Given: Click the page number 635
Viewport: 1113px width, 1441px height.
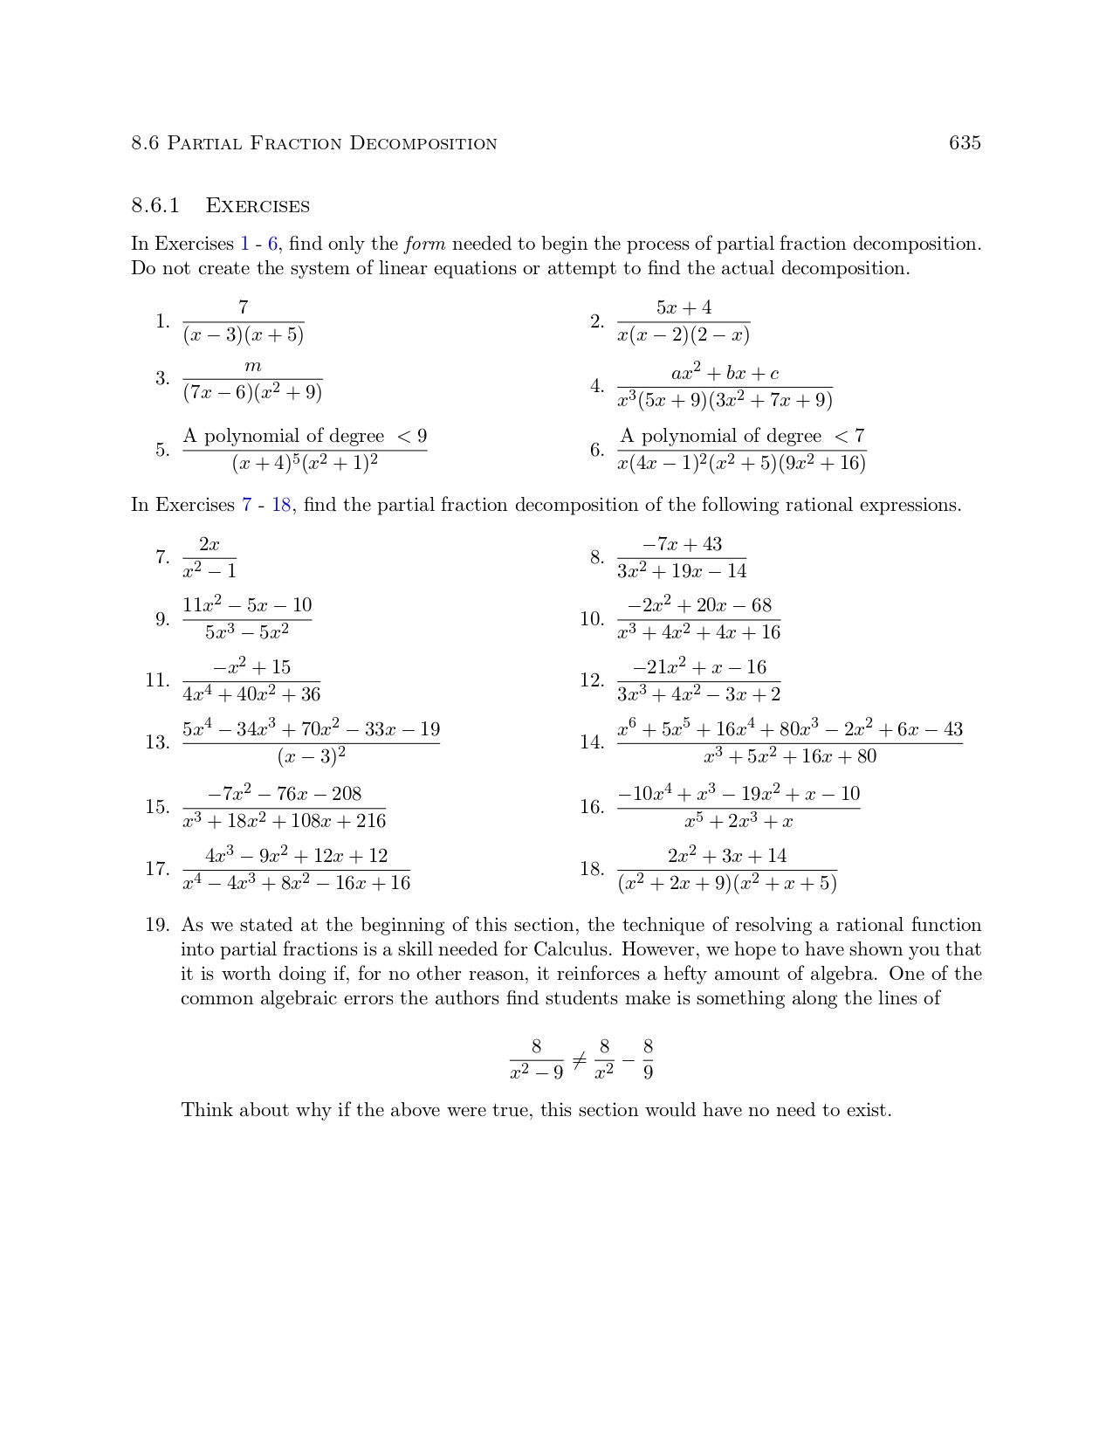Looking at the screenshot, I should pyautogui.click(x=965, y=143).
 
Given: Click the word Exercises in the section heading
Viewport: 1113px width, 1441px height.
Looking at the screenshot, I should pyautogui.click(x=258, y=206).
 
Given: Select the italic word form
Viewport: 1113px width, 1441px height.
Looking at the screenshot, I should pyautogui.click(x=425, y=244).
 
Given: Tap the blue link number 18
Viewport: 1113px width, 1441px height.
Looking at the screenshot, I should pyautogui.click(x=281, y=505).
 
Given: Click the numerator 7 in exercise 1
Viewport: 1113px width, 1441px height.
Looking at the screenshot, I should pyautogui.click(x=243, y=307).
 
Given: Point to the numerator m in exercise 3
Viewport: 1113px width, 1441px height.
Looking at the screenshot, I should pyautogui.click(x=252, y=366).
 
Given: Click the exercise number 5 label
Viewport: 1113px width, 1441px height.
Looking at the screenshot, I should pyautogui.click(x=162, y=451).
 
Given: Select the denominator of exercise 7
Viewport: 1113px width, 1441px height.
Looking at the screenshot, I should pyautogui.click(x=210, y=571).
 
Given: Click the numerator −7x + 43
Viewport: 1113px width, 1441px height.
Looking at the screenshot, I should pyautogui.click(x=682, y=544).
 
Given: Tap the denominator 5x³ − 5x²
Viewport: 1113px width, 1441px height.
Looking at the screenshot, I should pyautogui.click(x=247, y=632).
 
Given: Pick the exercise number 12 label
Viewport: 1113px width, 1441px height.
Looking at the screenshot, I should pyautogui.click(x=592, y=680).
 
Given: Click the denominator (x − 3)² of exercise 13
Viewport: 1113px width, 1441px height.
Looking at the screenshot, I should pyautogui.click(x=312, y=756).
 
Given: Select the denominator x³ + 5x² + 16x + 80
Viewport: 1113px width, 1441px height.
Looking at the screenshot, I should pyautogui.click(x=790, y=756).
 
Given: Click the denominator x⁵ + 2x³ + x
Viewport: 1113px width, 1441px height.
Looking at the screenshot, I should pyautogui.click(x=739, y=821).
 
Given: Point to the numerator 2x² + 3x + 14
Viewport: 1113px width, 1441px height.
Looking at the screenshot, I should pyautogui.click(x=727, y=856).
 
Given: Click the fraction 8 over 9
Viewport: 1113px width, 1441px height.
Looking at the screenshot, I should pyautogui.click(x=648, y=1058).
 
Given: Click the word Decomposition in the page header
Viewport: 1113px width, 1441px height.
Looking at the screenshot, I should pyautogui.click(x=423, y=143).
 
